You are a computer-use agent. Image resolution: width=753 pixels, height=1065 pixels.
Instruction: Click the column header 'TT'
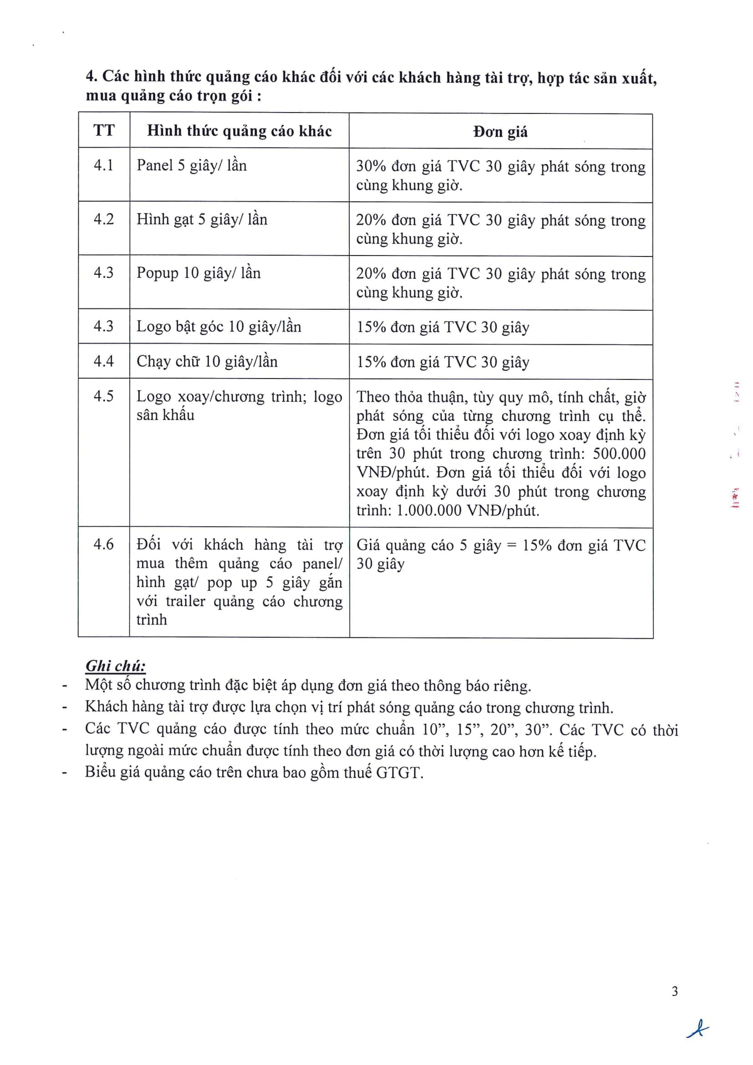click(x=104, y=130)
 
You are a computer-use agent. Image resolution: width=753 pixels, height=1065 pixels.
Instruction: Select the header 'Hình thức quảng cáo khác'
click(x=239, y=131)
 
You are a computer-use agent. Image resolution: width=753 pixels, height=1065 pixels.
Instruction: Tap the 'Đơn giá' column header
click(x=500, y=132)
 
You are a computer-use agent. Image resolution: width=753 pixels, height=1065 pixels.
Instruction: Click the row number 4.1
click(x=104, y=165)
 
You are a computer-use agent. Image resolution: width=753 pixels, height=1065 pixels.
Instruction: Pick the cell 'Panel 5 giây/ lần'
click(x=192, y=166)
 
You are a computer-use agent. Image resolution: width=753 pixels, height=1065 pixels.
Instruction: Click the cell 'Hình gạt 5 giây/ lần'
click(x=202, y=220)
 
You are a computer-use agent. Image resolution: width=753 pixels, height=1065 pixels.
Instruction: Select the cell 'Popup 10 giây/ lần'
click(x=198, y=273)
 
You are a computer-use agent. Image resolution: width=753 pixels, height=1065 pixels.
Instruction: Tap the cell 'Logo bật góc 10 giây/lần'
click(x=219, y=327)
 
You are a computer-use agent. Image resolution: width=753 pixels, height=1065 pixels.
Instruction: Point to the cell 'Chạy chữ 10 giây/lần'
click(x=207, y=361)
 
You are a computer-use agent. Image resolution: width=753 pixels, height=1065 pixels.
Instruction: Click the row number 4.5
click(x=104, y=396)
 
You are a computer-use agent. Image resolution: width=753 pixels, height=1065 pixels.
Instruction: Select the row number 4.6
click(x=104, y=544)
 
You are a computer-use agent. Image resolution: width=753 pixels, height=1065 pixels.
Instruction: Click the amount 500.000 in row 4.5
click(x=619, y=454)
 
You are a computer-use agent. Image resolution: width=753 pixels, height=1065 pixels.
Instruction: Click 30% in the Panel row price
click(x=371, y=167)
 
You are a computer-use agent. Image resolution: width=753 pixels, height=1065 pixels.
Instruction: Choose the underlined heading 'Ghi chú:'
click(x=116, y=666)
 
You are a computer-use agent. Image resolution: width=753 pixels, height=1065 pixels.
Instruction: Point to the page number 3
click(x=675, y=991)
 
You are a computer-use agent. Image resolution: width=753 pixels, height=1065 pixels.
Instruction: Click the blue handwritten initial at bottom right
click(x=697, y=1029)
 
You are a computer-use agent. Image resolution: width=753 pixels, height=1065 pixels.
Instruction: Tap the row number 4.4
click(x=104, y=361)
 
